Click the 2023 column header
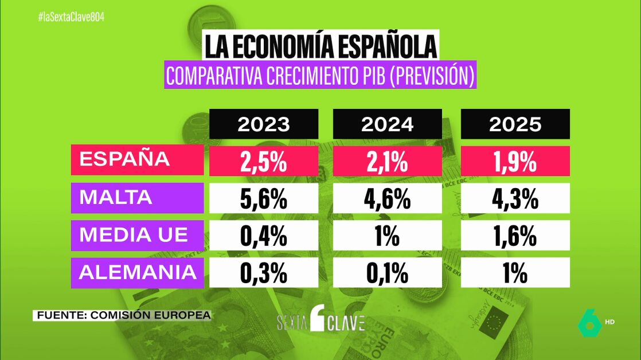pos(264,124)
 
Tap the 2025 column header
pos(515,124)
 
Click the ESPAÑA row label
pos(137,159)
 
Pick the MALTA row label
pos(137,197)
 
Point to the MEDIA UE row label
pos(137,235)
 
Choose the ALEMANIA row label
pos(137,272)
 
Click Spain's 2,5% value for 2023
pos(264,161)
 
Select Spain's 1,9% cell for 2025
pos(515,161)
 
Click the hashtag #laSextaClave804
pos(71,17)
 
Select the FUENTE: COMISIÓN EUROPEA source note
pos(122,315)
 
